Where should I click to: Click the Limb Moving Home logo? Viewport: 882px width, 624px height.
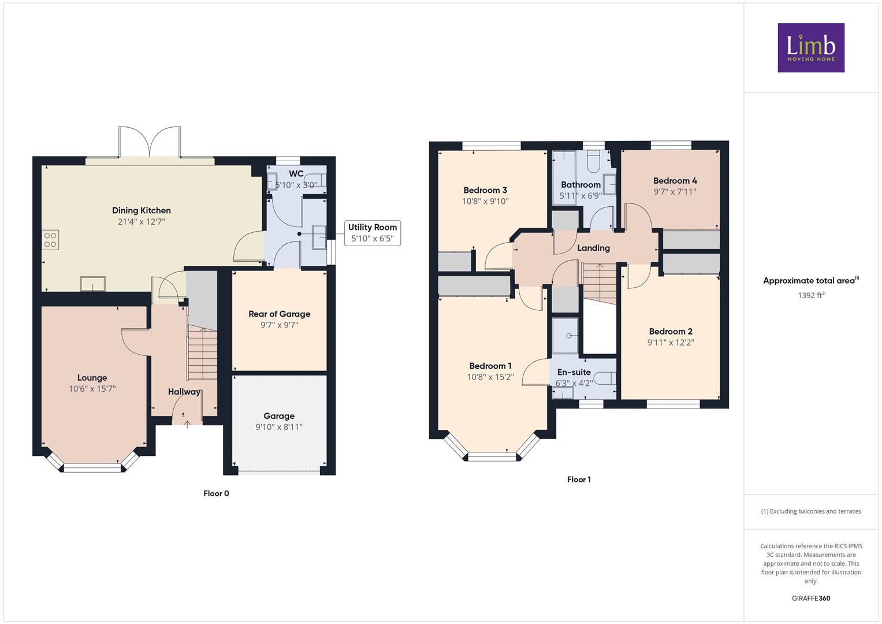[811, 48]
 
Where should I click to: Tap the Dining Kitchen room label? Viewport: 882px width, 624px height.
[142, 210]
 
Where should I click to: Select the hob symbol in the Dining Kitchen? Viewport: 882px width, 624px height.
[50, 240]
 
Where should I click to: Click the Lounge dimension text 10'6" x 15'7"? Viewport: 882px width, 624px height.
[92, 389]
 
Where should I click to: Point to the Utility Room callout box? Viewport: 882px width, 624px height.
[373, 233]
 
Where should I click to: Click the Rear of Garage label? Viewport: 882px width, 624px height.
[280, 314]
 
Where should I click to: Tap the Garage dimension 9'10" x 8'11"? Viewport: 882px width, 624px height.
[279, 427]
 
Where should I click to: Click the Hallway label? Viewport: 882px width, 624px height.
[184, 392]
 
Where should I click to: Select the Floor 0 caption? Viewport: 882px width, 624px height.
[216, 493]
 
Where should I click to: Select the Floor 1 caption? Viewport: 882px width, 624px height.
[579, 480]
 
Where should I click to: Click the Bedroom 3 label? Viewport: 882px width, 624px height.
[485, 190]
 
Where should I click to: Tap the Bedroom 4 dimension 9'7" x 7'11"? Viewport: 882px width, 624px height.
[675, 192]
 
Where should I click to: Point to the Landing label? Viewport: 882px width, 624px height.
[593, 248]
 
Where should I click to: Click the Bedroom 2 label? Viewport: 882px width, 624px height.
[671, 331]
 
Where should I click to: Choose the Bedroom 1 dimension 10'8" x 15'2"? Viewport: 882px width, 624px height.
[490, 377]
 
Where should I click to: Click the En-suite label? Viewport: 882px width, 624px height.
[574, 372]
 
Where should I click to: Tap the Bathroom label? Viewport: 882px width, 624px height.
[580, 185]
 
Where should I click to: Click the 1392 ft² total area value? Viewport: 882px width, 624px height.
[811, 295]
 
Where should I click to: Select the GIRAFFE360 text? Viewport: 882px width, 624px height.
[811, 598]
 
